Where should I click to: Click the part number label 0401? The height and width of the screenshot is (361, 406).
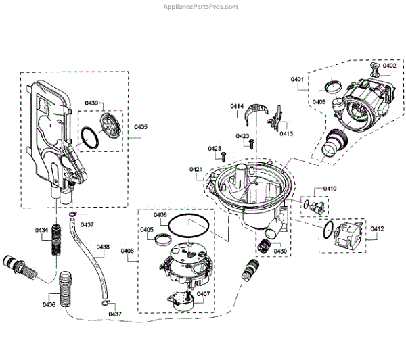pyautogui.click(x=298, y=80)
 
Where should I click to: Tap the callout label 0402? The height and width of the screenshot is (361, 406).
pyautogui.click(x=390, y=66)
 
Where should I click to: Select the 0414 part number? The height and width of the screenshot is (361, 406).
pyautogui.click(x=237, y=107)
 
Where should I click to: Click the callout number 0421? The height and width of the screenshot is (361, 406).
pyautogui.click(x=196, y=169)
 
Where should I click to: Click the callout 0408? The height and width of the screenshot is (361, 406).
pyautogui.click(x=160, y=215)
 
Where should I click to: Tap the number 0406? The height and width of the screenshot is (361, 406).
pyautogui.click(x=128, y=251)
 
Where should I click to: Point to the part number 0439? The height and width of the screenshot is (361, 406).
pyautogui.click(x=91, y=103)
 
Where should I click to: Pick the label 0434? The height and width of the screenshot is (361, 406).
pyautogui.click(x=42, y=231)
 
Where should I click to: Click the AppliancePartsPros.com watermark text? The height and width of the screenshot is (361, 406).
pyautogui.click(x=202, y=6)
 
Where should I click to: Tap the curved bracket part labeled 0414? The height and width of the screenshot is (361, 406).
pyautogui.click(x=257, y=112)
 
